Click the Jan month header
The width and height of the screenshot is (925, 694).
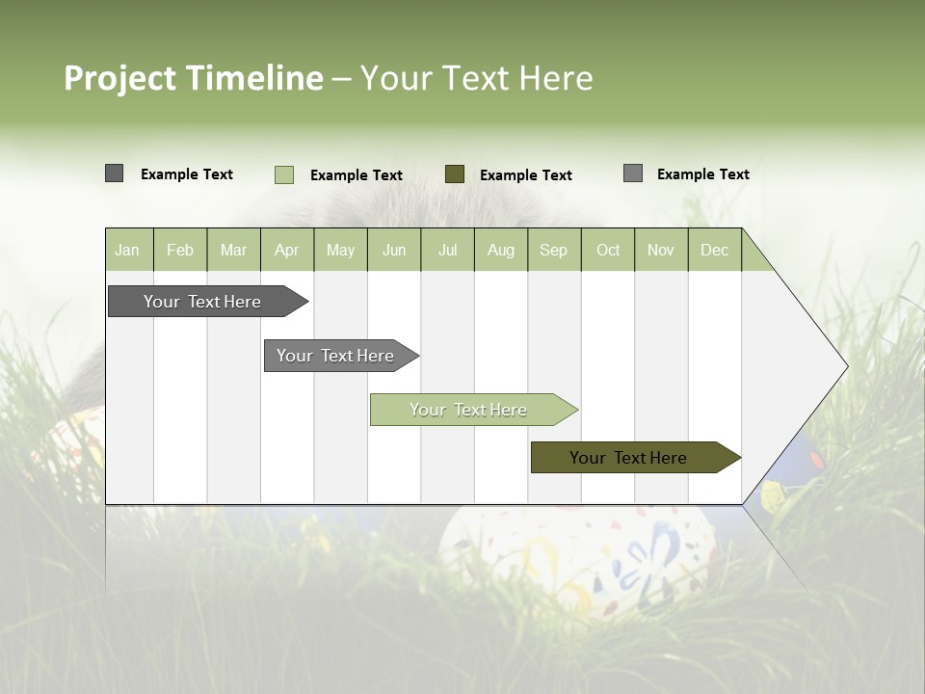[x=128, y=251]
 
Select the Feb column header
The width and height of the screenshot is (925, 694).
[x=180, y=251]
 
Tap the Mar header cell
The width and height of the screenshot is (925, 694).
[x=233, y=251]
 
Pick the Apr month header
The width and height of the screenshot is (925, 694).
[x=287, y=251]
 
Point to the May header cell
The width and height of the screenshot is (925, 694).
[x=340, y=251]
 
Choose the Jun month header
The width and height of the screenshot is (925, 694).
[x=394, y=251]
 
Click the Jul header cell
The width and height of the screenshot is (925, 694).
[x=447, y=251]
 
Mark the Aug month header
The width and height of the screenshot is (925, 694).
[x=501, y=251]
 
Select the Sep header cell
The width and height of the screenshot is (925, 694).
[x=554, y=251]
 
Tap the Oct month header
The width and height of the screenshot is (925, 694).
[x=608, y=251]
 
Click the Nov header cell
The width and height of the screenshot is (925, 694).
[x=661, y=251]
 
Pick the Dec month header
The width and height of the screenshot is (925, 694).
[x=715, y=251]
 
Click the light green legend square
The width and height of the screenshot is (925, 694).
[x=284, y=174]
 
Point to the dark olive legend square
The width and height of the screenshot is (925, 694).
[x=455, y=173]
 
